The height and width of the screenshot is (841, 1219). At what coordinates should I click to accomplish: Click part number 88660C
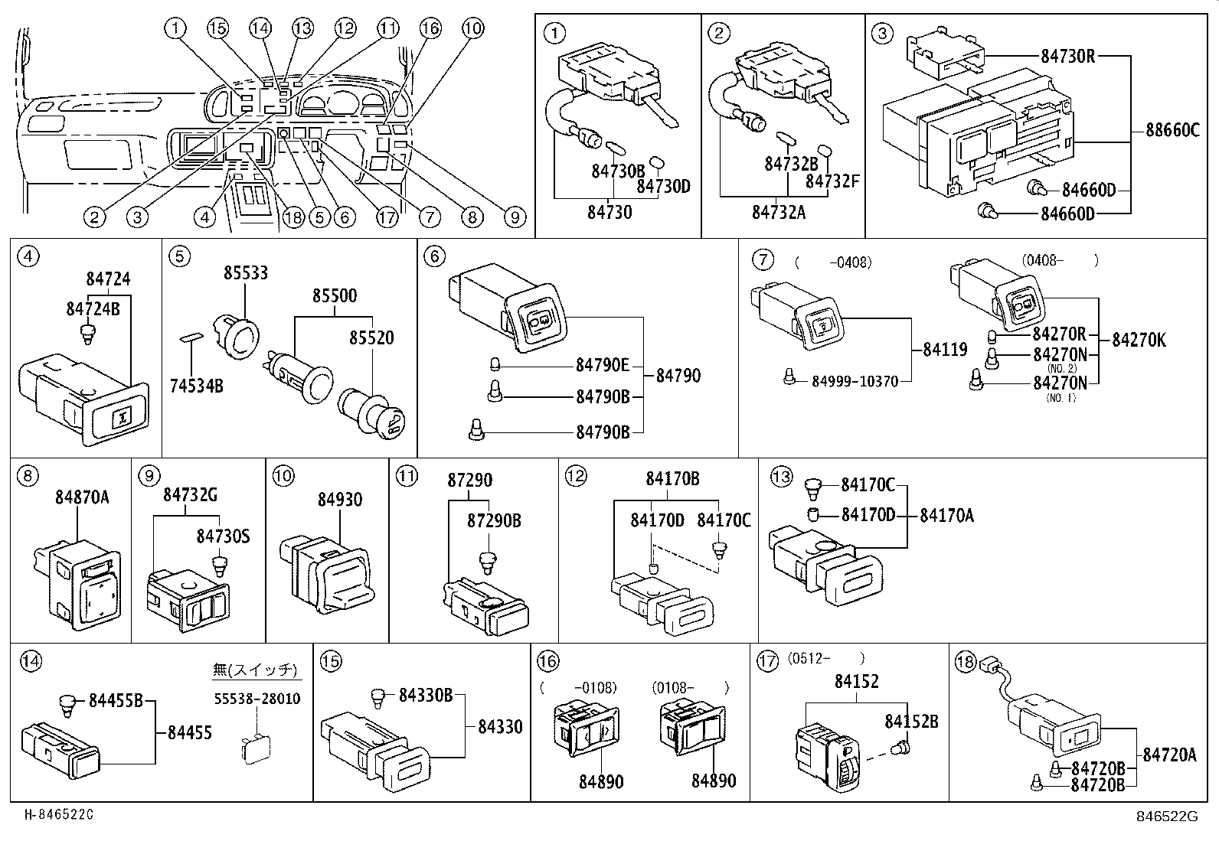point(1172,131)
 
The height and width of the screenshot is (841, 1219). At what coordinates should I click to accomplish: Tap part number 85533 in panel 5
point(246,273)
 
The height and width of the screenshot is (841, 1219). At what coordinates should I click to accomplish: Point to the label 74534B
point(196,386)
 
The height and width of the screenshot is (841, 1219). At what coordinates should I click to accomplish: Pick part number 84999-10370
point(855,380)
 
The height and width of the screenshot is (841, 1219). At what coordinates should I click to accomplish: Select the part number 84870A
point(82,497)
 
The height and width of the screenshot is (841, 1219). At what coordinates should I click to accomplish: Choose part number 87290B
point(494,520)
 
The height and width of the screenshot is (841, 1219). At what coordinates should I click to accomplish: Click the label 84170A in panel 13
point(946,516)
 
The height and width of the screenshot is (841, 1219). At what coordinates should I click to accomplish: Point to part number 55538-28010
point(256,699)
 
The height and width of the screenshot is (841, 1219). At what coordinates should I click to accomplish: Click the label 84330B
point(426,695)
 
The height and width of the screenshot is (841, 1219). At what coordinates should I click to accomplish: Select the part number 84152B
point(911,721)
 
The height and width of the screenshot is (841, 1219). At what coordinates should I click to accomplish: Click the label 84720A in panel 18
point(1169,755)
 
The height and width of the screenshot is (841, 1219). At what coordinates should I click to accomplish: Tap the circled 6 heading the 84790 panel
point(434,256)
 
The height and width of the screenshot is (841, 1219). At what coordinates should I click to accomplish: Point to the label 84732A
point(779,212)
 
